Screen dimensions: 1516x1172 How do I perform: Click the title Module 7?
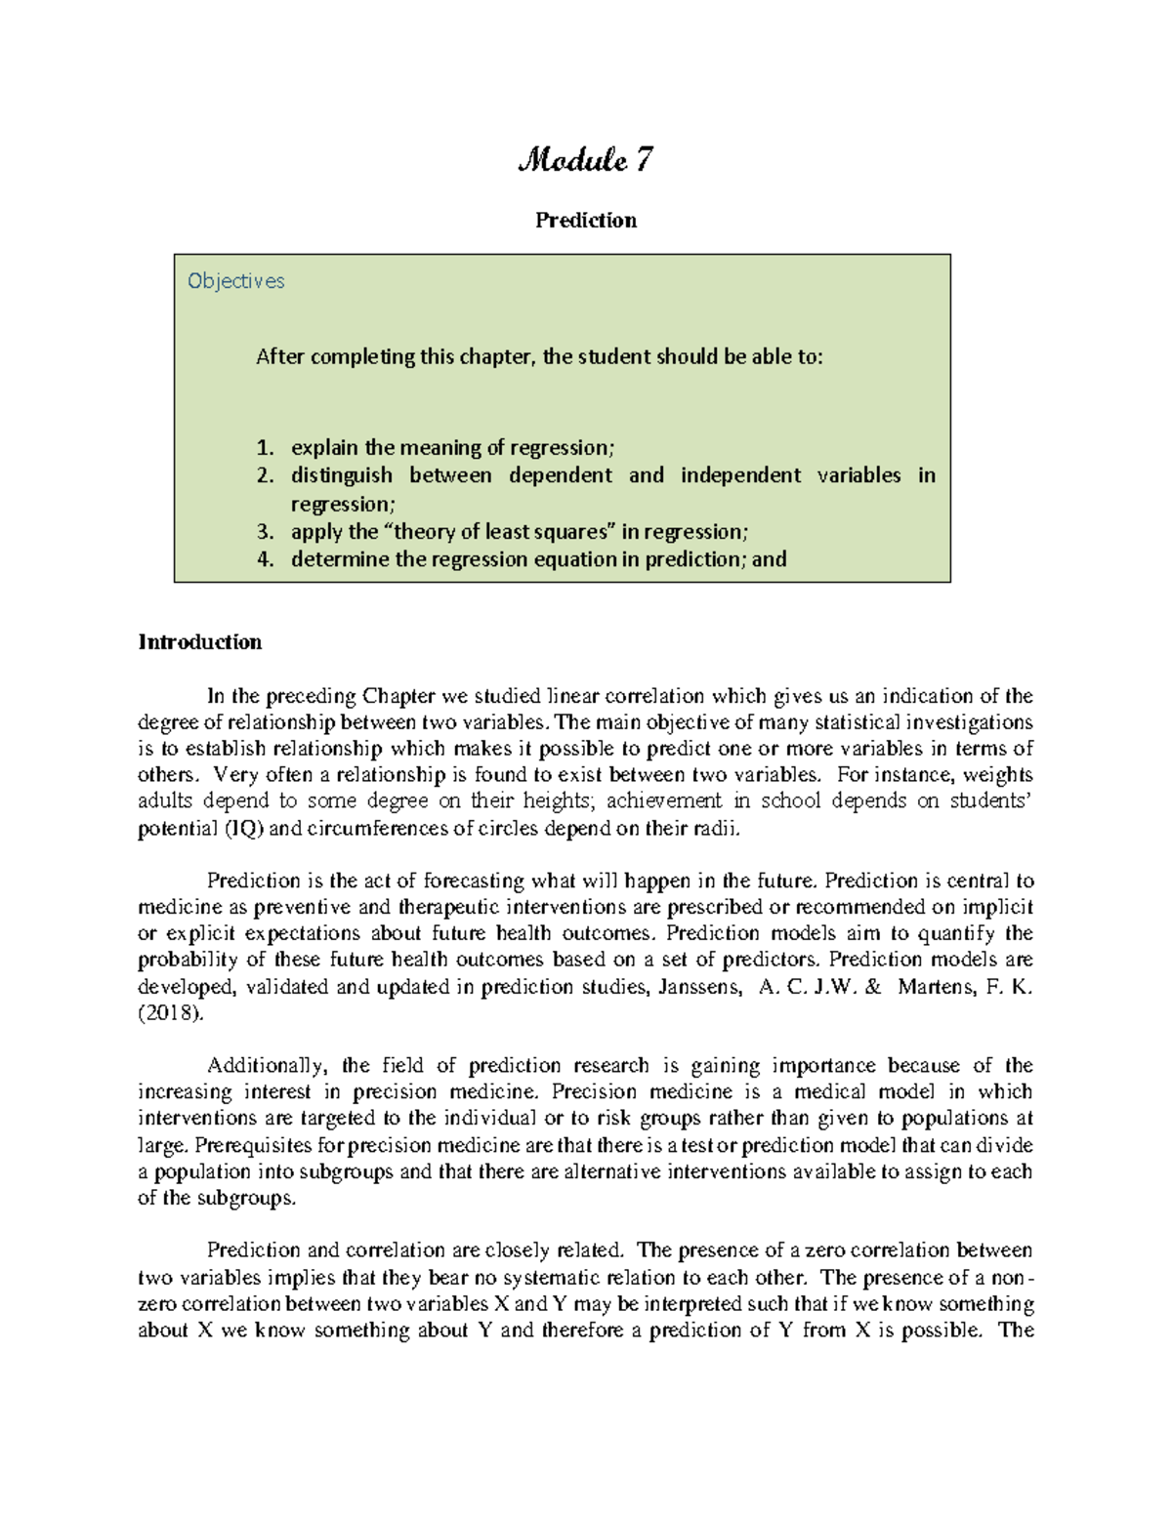585,159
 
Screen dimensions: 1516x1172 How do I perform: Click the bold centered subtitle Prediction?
585,221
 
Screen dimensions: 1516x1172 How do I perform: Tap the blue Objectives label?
235,281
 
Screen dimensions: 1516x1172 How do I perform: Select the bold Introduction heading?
200,642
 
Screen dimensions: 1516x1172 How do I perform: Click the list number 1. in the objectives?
265,448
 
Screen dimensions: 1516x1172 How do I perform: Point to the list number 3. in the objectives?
265,532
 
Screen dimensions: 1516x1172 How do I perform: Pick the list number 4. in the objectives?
265,559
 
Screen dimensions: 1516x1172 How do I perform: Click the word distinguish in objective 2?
341,475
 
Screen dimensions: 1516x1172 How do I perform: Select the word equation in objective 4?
574,559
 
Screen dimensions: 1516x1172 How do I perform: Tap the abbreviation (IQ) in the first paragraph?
243,830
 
